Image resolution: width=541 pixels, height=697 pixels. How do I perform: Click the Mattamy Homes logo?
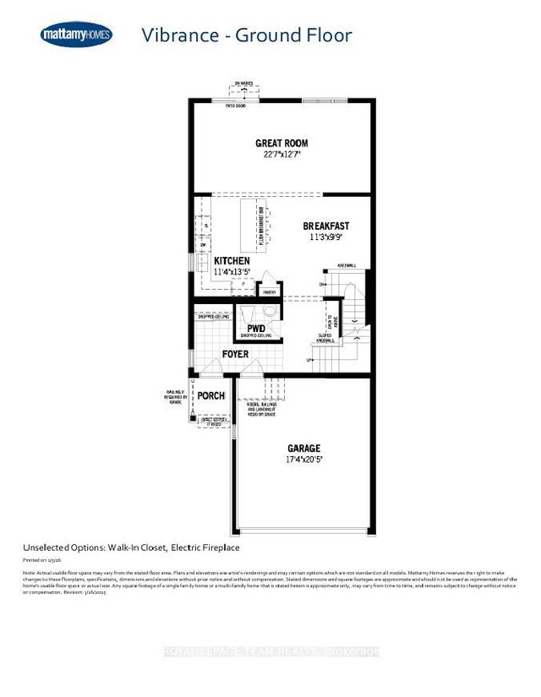74,35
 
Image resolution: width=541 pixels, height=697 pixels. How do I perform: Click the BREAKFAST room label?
326,226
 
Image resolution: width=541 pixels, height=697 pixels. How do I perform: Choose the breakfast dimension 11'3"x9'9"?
326,238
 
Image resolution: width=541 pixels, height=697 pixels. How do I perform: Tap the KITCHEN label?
232,261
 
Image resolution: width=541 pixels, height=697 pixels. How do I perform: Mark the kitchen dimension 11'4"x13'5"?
232,272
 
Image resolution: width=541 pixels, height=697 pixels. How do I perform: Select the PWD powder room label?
256,328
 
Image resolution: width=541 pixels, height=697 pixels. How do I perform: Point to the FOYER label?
235,354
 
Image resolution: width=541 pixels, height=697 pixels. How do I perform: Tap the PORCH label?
210,395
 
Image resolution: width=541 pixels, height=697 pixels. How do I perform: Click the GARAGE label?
303,448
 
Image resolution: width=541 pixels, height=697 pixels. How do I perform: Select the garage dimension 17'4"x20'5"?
303,460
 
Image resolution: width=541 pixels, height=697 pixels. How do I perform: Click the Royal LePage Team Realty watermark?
270,651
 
